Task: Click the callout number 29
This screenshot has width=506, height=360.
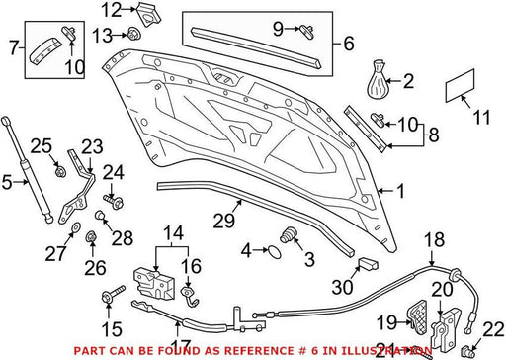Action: (224, 221)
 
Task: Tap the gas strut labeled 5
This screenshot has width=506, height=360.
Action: (27, 170)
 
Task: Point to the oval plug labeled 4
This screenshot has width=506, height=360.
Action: (275, 251)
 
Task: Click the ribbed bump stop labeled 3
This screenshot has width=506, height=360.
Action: (289, 235)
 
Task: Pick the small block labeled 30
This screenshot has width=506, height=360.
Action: (367, 263)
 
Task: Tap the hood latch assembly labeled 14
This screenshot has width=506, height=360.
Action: (153, 284)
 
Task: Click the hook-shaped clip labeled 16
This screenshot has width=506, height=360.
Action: (190, 296)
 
